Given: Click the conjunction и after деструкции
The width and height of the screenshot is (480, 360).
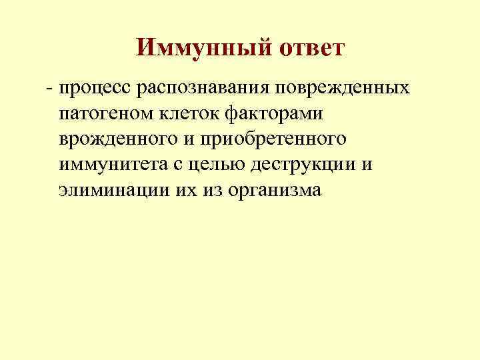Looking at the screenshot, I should [x=367, y=165].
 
